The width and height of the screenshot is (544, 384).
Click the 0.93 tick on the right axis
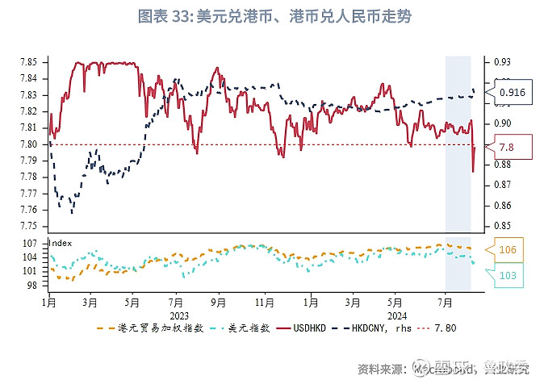502,62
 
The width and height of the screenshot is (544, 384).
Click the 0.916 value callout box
512,93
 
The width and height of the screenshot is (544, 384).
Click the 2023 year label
179,315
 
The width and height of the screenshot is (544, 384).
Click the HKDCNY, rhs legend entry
372,328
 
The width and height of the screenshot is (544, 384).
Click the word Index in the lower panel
60,241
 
